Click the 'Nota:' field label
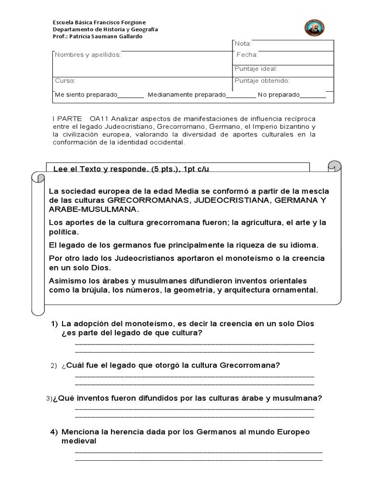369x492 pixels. pos(243,44)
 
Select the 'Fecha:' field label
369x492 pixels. pos(247,55)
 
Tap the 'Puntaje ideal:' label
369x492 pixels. pos(256,69)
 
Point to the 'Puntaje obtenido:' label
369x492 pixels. pos(262,81)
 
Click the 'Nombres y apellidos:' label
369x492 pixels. pos(87,55)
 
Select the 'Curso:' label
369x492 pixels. pos(65,81)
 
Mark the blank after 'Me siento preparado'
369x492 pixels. pos(131,95)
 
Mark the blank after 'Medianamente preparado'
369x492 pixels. pos(241,95)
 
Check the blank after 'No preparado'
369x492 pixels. pos(313,95)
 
